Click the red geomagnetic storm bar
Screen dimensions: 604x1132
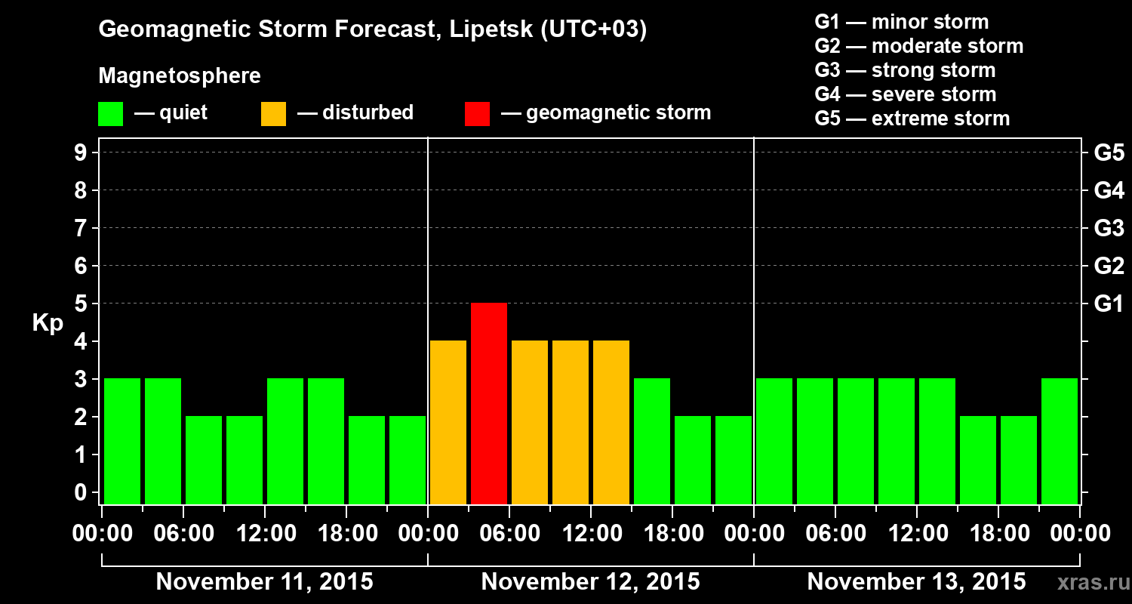click(x=489, y=403)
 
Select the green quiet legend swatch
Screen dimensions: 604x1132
click(x=110, y=114)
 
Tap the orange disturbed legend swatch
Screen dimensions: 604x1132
click(x=273, y=114)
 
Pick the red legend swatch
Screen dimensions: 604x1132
click(x=477, y=114)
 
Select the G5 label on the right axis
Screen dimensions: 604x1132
click(x=1109, y=153)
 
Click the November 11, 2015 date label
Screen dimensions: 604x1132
click(x=264, y=582)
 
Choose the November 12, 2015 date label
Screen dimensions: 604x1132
click(x=590, y=582)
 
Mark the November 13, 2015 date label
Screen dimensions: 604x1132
click(x=916, y=582)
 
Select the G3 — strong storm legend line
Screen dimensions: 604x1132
click(x=905, y=70)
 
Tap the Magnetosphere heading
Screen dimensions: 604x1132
click(x=180, y=76)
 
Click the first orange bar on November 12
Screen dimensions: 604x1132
click(x=448, y=422)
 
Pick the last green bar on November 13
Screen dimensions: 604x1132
click(x=1060, y=441)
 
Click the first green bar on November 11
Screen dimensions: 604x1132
click(x=122, y=441)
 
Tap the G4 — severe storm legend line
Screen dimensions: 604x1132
click(x=905, y=94)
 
